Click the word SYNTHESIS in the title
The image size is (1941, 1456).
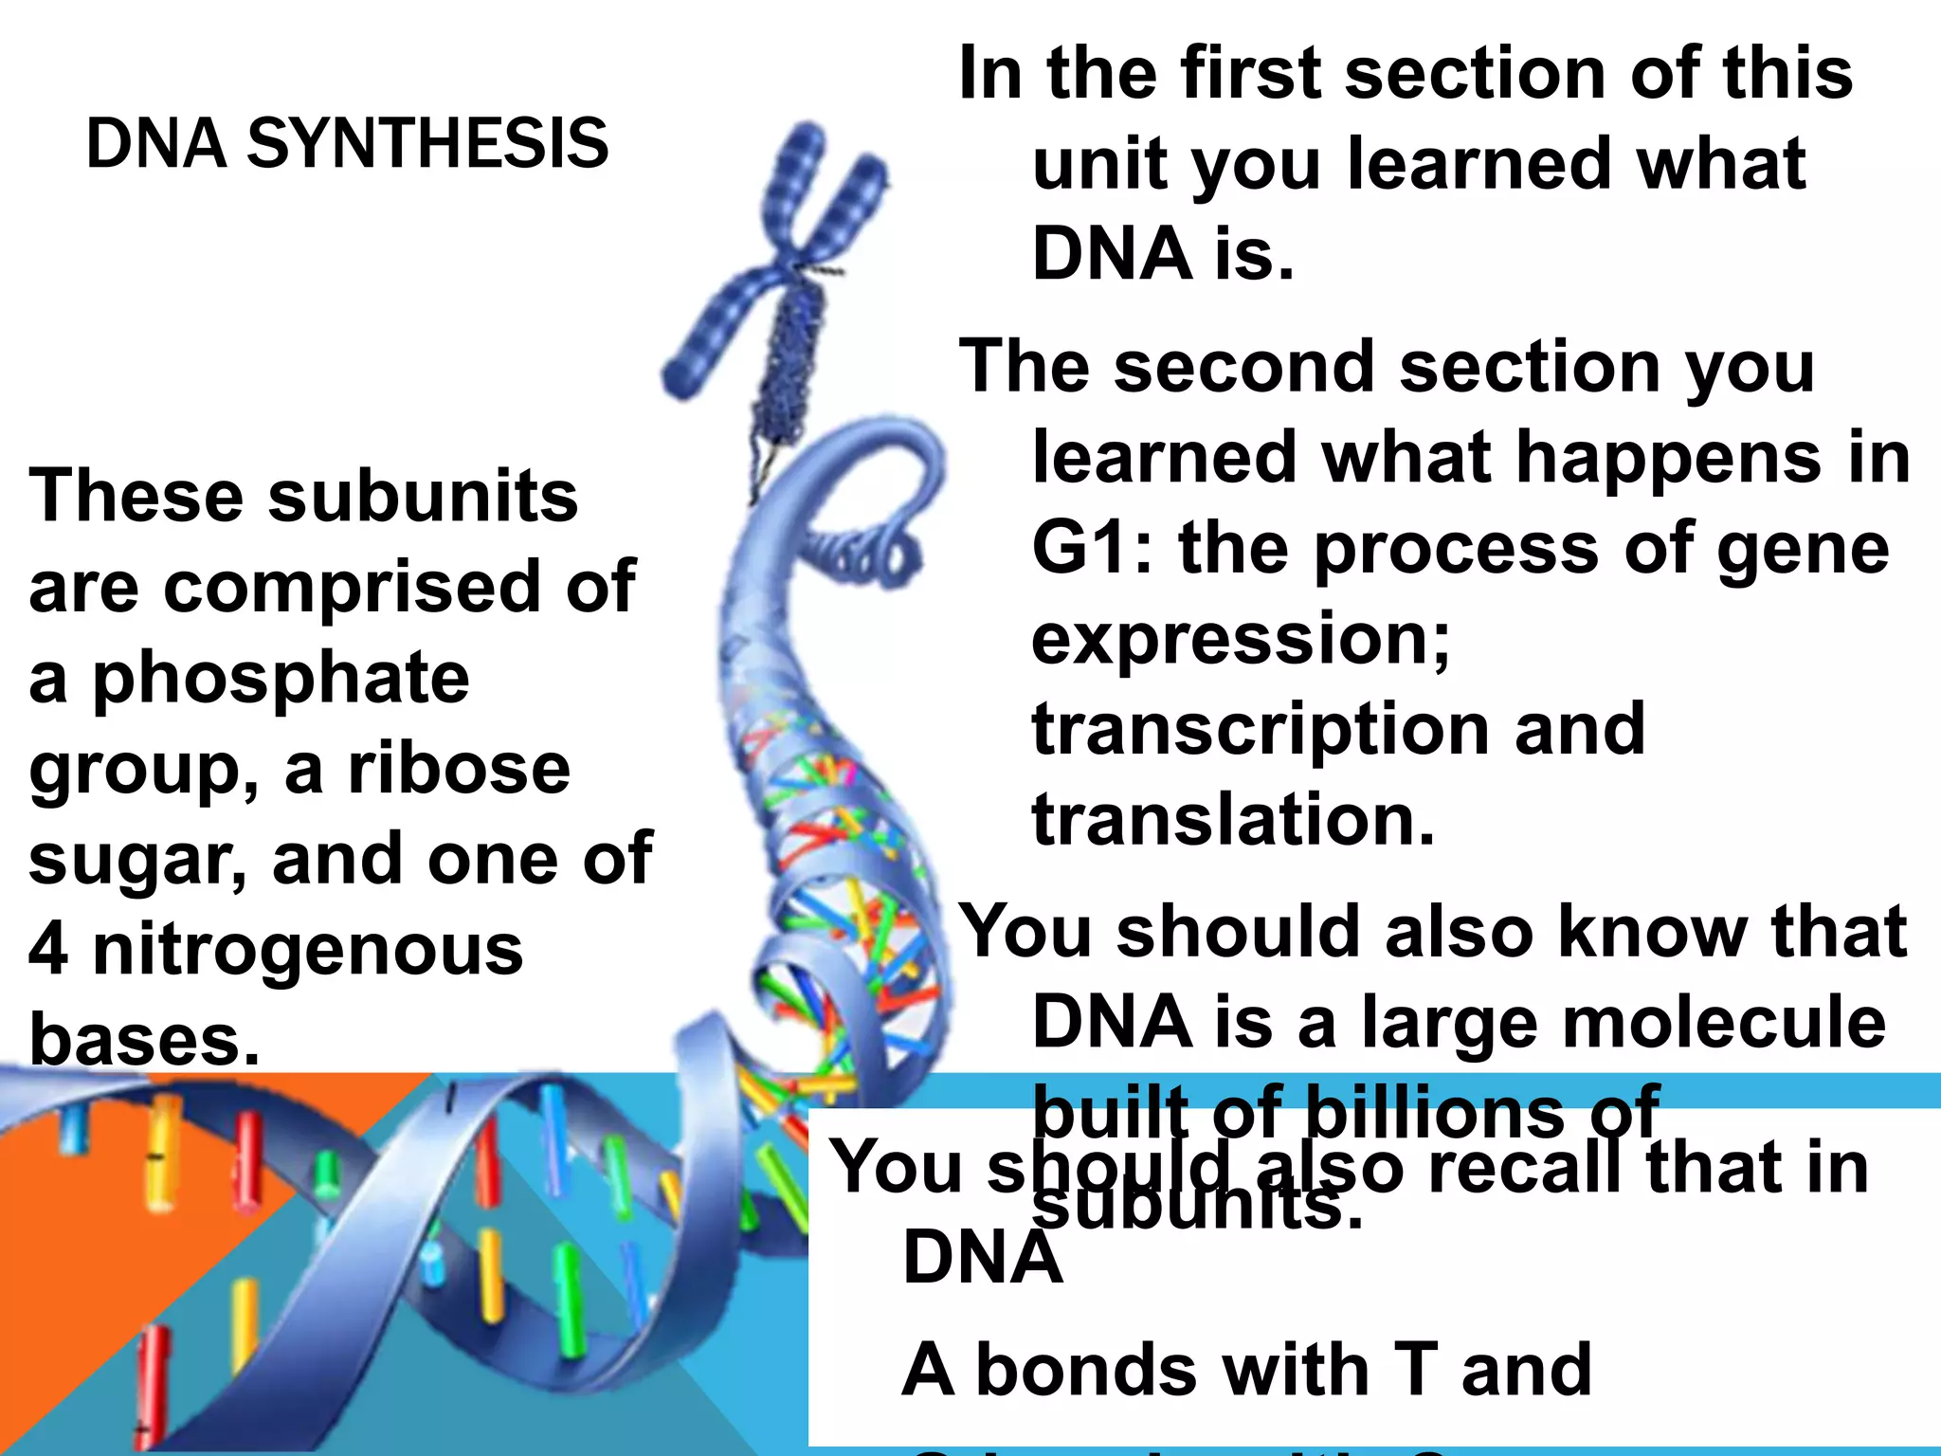(427, 144)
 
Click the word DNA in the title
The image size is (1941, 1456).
(156, 144)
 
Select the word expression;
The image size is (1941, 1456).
(1241, 641)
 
